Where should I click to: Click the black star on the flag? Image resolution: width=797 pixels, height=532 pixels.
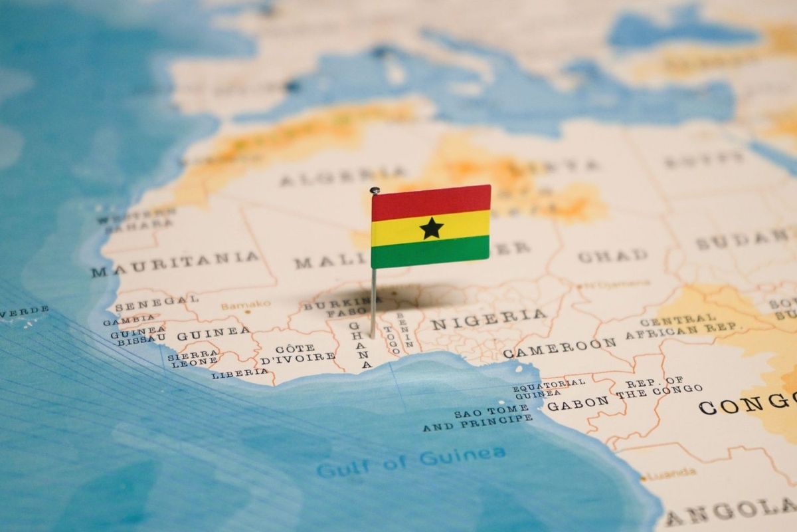(431, 228)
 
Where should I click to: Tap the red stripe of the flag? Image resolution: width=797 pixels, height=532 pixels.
(431, 201)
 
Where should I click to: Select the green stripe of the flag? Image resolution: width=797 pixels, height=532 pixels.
(431, 252)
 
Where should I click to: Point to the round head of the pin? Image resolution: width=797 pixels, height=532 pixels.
(375, 191)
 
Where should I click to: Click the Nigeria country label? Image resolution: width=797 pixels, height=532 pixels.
(489, 319)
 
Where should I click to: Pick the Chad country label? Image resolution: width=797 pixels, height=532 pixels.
(612, 255)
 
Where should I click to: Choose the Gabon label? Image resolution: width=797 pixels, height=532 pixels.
(577, 402)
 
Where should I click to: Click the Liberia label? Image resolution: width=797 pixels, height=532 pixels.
(240, 374)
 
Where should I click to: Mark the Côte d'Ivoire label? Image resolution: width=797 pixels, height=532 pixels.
(297, 353)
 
